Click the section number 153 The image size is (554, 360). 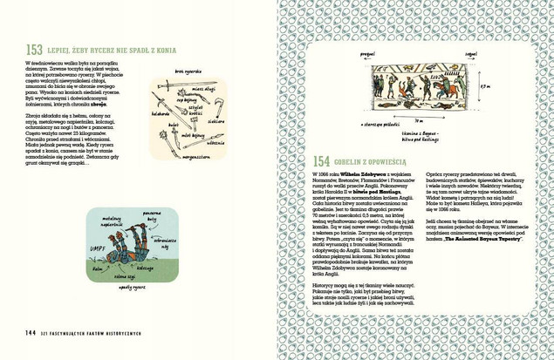pyautogui.click(x=34, y=50)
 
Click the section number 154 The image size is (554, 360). pyautogui.click(x=320, y=161)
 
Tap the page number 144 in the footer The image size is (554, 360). pyautogui.click(x=30, y=332)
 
